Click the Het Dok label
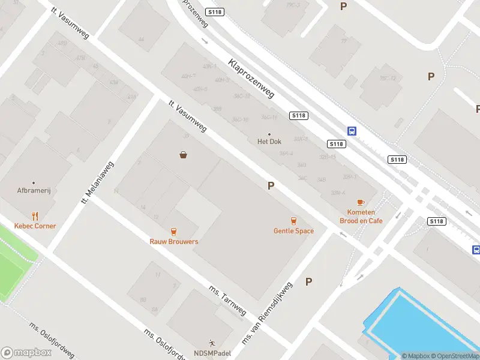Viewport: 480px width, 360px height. click(x=269, y=142)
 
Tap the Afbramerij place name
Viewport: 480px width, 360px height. click(x=33, y=191)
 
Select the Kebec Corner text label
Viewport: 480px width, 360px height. click(x=35, y=226)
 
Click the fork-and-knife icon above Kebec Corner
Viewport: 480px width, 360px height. click(x=35, y=216)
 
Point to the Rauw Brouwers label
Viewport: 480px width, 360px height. click(x=174, y=242)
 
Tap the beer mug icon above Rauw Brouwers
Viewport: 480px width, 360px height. click(x=174, y=232)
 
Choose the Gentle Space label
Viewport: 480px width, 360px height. click(x=293, y=231)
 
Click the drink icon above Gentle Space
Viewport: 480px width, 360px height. click(x=293, y=221)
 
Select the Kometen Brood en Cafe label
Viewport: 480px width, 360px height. click(x=361, y=217)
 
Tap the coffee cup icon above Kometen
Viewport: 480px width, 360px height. click(x=361, y=203)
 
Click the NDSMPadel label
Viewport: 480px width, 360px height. click(x=212, y=353)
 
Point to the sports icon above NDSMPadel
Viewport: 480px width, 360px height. click(x=211, y=343)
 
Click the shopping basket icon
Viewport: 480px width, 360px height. click(x=183, y=155)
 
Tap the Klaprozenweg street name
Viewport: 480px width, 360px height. click(x=251, y=78)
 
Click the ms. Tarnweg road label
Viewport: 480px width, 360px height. click(x=227, y=300)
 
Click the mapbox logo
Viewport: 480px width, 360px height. click(x=26, y=353)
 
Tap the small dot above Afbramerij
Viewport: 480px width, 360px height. click(x=33, y=182)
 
